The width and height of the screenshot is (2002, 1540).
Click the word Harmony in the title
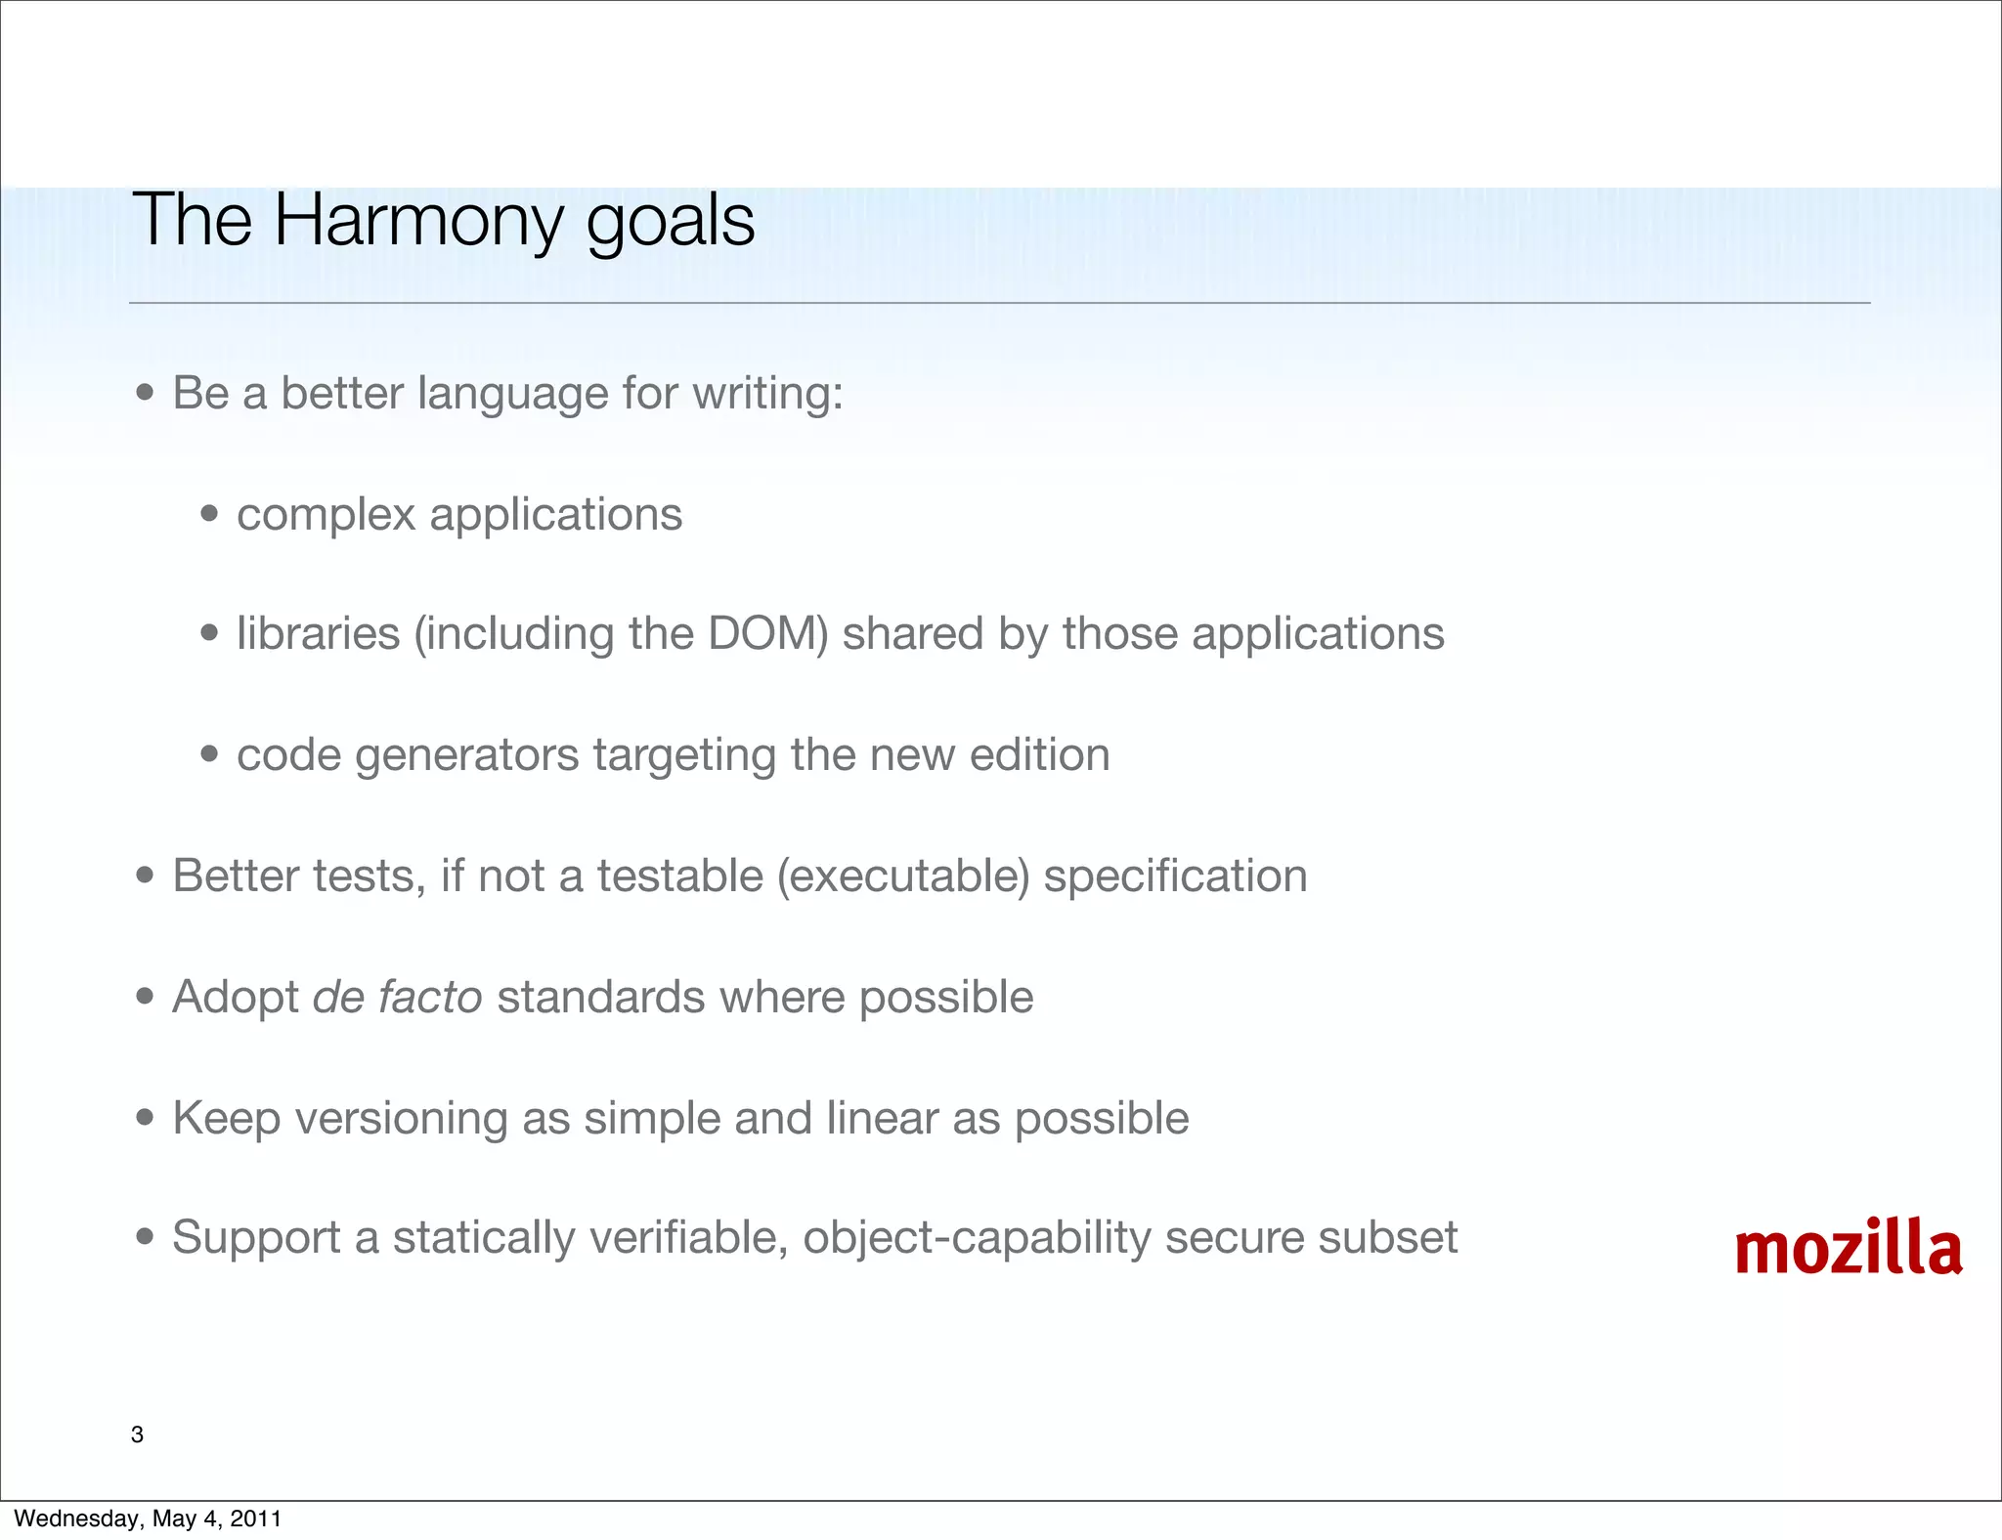(417, 221)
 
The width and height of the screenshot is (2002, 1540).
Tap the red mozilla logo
(1848, 1248)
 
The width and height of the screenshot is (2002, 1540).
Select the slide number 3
(137, 1434)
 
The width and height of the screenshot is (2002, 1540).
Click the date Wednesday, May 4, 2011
(148, 1519)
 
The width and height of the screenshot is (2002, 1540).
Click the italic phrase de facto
(397, 997)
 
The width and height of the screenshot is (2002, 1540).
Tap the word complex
(326, 515)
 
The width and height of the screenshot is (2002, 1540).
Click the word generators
(466, 755)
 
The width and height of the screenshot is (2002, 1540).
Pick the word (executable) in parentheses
(903, 876)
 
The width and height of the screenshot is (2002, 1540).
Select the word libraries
(318, 633)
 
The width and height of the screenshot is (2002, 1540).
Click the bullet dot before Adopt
(146, 997)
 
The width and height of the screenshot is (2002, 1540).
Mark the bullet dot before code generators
(209, 754)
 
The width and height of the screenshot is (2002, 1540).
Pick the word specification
(1175, 876)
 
